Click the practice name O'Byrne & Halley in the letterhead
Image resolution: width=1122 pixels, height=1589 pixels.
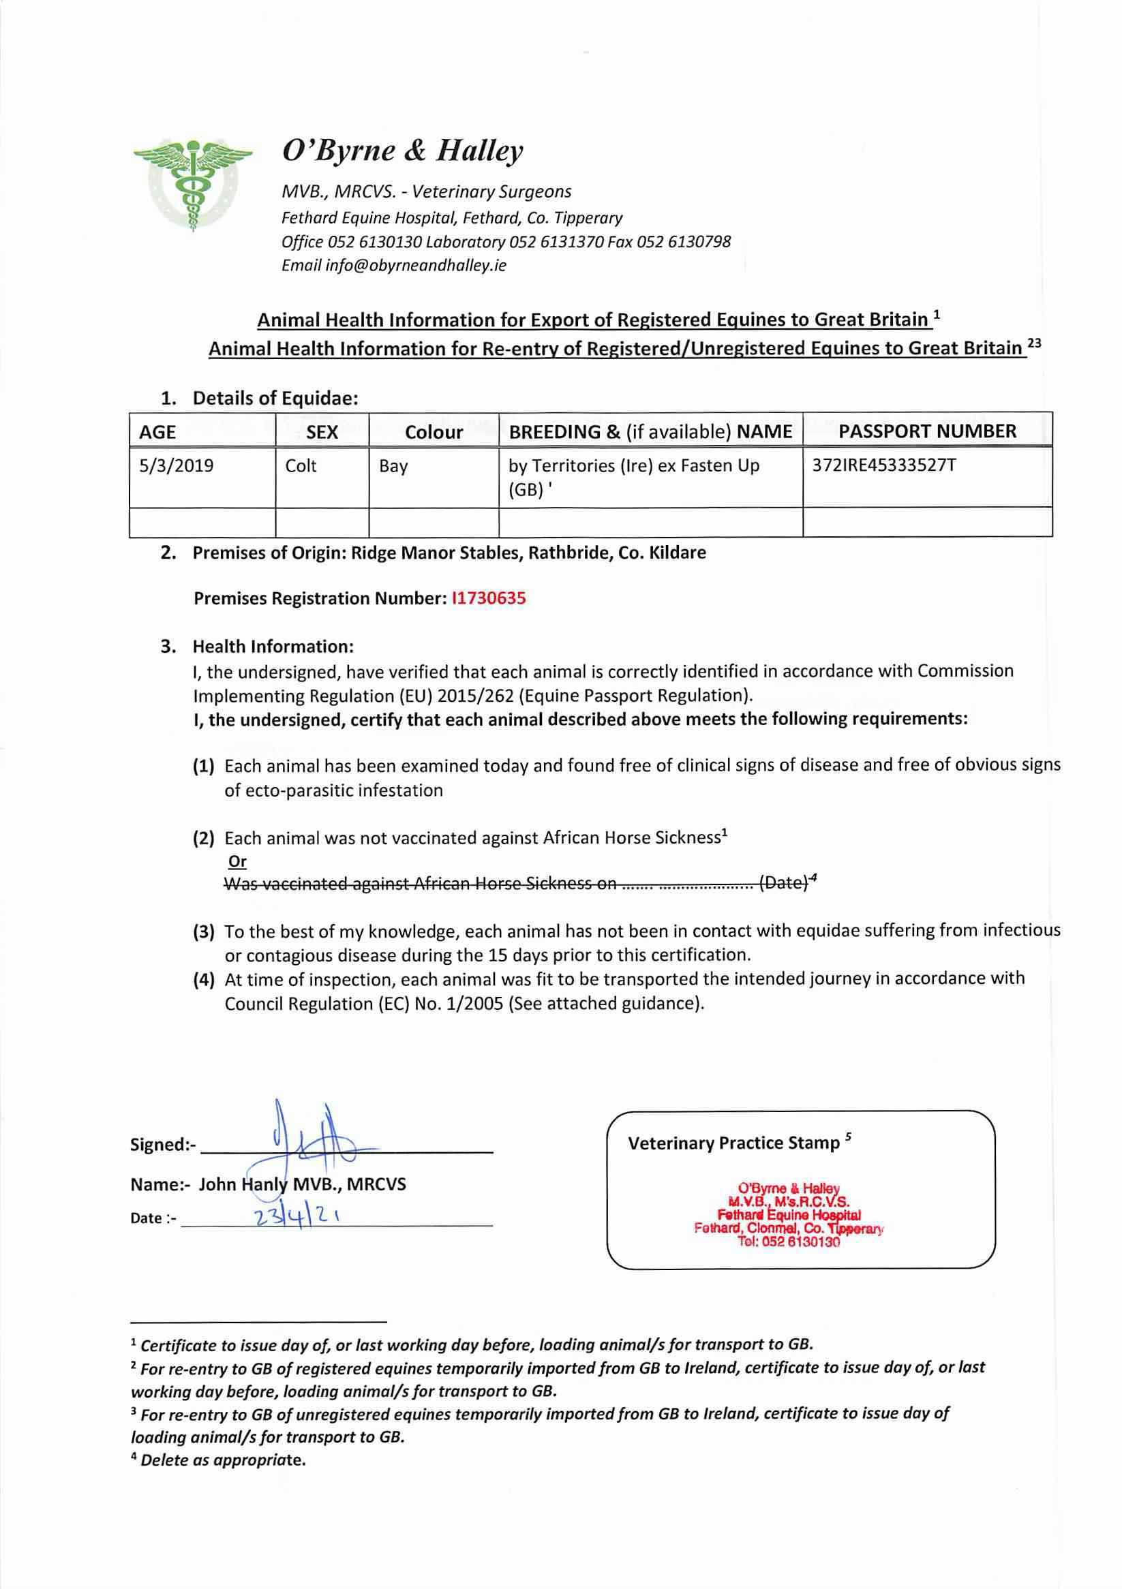(402, 151)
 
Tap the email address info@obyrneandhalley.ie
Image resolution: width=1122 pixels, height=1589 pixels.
(415, 266)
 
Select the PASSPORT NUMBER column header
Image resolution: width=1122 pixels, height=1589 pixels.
(927, 432)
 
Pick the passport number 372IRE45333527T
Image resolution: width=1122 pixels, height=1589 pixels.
(884, 465)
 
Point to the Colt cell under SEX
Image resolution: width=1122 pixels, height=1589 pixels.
(301, 466)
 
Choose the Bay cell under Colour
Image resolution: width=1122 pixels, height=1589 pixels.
(393, 467)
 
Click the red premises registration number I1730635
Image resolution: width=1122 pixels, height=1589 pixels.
(488, 599)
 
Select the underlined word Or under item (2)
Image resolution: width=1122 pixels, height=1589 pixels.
(237, 862)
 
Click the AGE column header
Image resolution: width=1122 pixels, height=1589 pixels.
(158, 433)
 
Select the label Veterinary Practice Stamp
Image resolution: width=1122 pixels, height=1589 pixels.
(733, 1143)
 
